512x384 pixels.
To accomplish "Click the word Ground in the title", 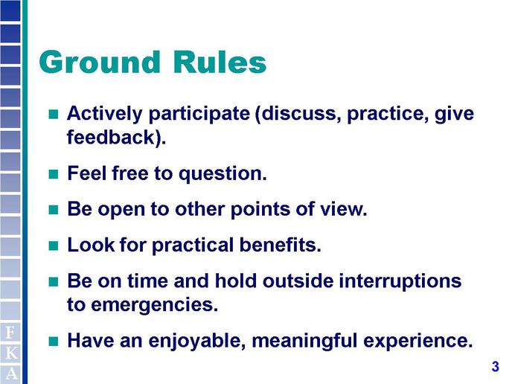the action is [100, 62].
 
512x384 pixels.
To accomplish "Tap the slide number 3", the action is [496, 366].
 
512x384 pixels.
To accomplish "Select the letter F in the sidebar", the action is [10, 333].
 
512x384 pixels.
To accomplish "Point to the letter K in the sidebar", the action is [10, 353].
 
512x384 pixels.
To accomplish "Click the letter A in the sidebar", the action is [10, 374].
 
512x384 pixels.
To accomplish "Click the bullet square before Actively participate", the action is [54, 114].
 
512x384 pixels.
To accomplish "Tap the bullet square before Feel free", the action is [54, 174].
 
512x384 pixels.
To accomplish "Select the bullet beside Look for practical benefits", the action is [54, 246].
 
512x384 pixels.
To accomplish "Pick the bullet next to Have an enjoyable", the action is [54, 342].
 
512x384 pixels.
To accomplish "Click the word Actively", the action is [104, 114].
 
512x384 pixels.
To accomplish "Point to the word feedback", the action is [111, 137].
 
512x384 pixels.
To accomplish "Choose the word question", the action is [223, 174].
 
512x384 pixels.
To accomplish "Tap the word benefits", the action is [280, 245].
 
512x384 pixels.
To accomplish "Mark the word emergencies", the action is [154, 305].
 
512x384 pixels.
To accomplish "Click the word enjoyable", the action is [197, 342].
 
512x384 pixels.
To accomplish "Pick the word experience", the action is [418, 342].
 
